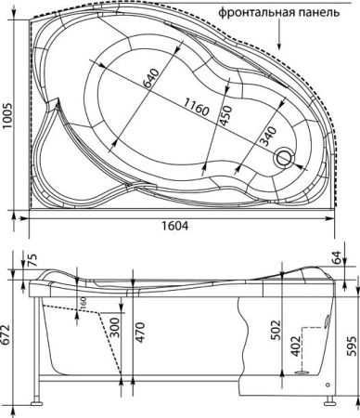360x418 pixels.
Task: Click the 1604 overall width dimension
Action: [x=180, y=228]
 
